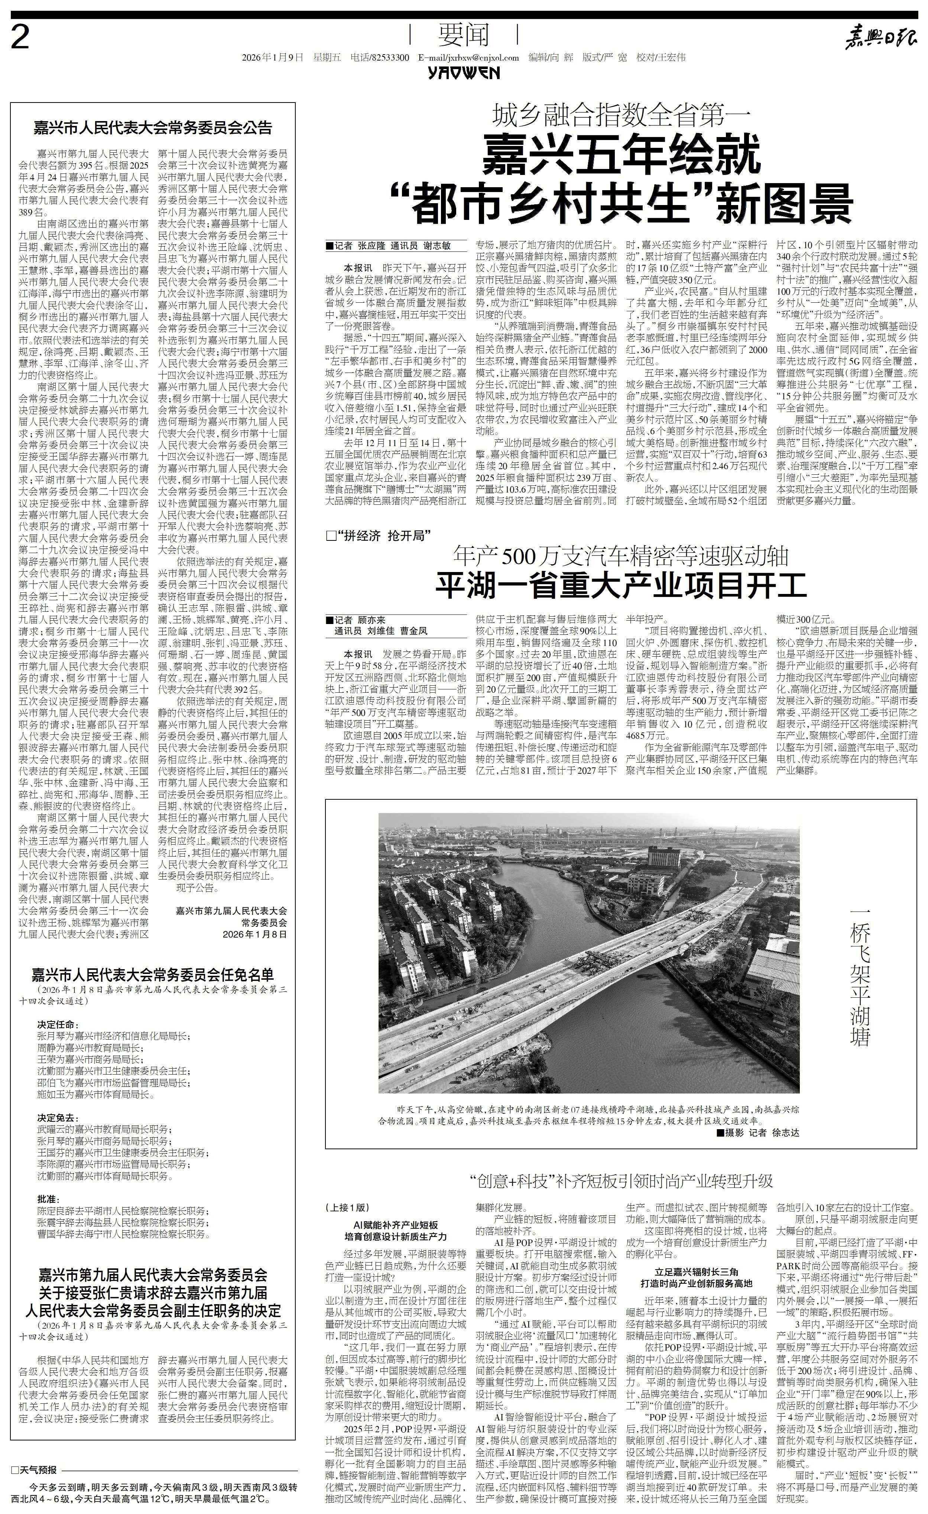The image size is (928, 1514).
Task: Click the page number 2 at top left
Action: coord(21,39)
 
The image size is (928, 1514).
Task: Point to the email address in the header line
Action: coord(468,58)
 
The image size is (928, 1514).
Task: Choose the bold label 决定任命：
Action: coord(58,1024)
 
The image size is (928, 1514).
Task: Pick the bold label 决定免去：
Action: coord(58,1118)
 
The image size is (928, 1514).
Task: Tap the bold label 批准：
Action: coord(49,1199)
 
